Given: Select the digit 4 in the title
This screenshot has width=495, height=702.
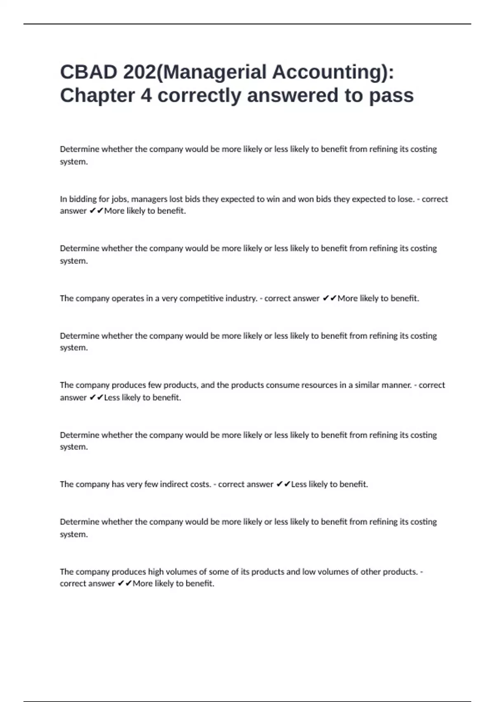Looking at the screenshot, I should pos(146,95).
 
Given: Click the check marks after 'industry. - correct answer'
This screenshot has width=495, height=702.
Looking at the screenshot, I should pos(330,298).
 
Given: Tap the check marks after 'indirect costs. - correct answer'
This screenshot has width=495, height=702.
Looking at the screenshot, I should pos(283,484).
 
